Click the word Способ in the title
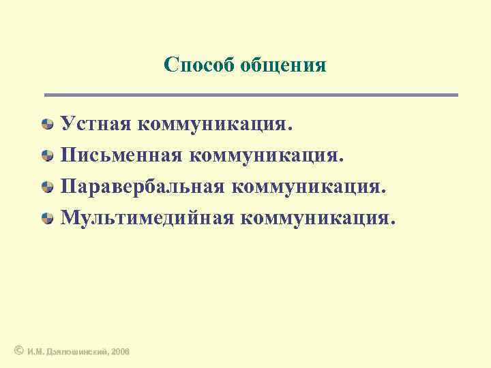(199, 65)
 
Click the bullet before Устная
(48, 125)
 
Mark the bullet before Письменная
(48, 156)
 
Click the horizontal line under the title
(251, 95)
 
